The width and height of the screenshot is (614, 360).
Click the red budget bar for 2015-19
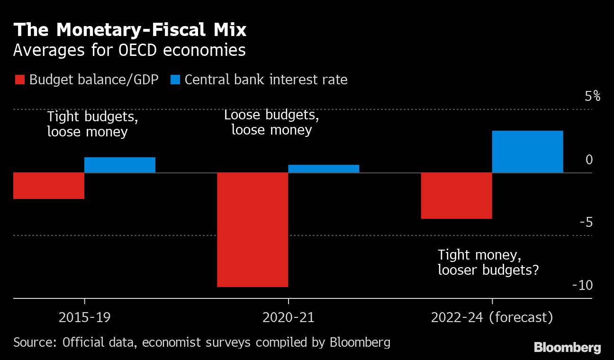[49, 186]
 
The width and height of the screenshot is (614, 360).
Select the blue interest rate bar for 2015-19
[120, 165]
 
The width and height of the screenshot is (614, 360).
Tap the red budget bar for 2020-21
[253, 229]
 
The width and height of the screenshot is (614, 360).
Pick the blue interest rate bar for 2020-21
[324, 169]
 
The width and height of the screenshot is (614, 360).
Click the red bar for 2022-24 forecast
[457, 196]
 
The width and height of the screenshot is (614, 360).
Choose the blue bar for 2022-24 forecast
[528, 152]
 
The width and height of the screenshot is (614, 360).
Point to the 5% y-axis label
[592, 97]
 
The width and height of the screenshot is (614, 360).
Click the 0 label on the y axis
[589, 160]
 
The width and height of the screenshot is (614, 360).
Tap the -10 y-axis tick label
[583, 285]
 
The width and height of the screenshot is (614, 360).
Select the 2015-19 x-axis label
[85, 317]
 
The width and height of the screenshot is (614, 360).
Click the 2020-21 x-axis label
[288, 317]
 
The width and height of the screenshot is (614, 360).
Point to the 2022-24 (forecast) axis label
[492, 317]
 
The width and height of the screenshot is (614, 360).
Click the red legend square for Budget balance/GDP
[19, 80]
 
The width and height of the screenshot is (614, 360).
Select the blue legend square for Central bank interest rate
[175, 80]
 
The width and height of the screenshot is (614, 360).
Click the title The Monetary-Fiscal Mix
[130, 30]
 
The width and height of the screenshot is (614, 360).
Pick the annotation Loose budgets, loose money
[271, 122]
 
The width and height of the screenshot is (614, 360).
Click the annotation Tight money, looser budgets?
[488, 262]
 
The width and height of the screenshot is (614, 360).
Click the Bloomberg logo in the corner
[567, 348]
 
